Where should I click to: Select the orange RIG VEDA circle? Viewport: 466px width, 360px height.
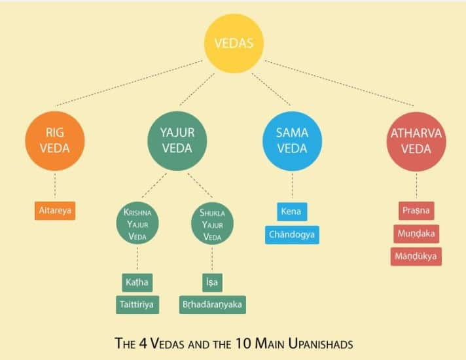coord(54,139)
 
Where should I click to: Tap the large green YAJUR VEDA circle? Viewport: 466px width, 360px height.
coord(176,139)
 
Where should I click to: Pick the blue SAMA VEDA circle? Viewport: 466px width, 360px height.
coord(291,139)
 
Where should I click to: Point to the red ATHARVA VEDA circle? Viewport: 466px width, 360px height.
coord(416,139)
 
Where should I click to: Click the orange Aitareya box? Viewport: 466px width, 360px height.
coord(55,211)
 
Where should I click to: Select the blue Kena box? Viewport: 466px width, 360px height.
coord(291,212)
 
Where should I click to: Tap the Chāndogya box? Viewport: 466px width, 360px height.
coord(293,234)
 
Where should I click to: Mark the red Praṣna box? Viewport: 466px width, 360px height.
coord(416,212)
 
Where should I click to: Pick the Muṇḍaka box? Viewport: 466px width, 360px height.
coord(416,234)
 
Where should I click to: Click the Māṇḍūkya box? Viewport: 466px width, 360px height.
coord(416,256)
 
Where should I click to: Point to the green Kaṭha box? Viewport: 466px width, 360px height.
coord(137,283)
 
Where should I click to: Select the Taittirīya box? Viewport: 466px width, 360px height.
coord(137,304)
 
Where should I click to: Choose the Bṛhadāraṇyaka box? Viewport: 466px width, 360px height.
coord(213,304)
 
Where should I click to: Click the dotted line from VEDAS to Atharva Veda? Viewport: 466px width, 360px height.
coord(340,83)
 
